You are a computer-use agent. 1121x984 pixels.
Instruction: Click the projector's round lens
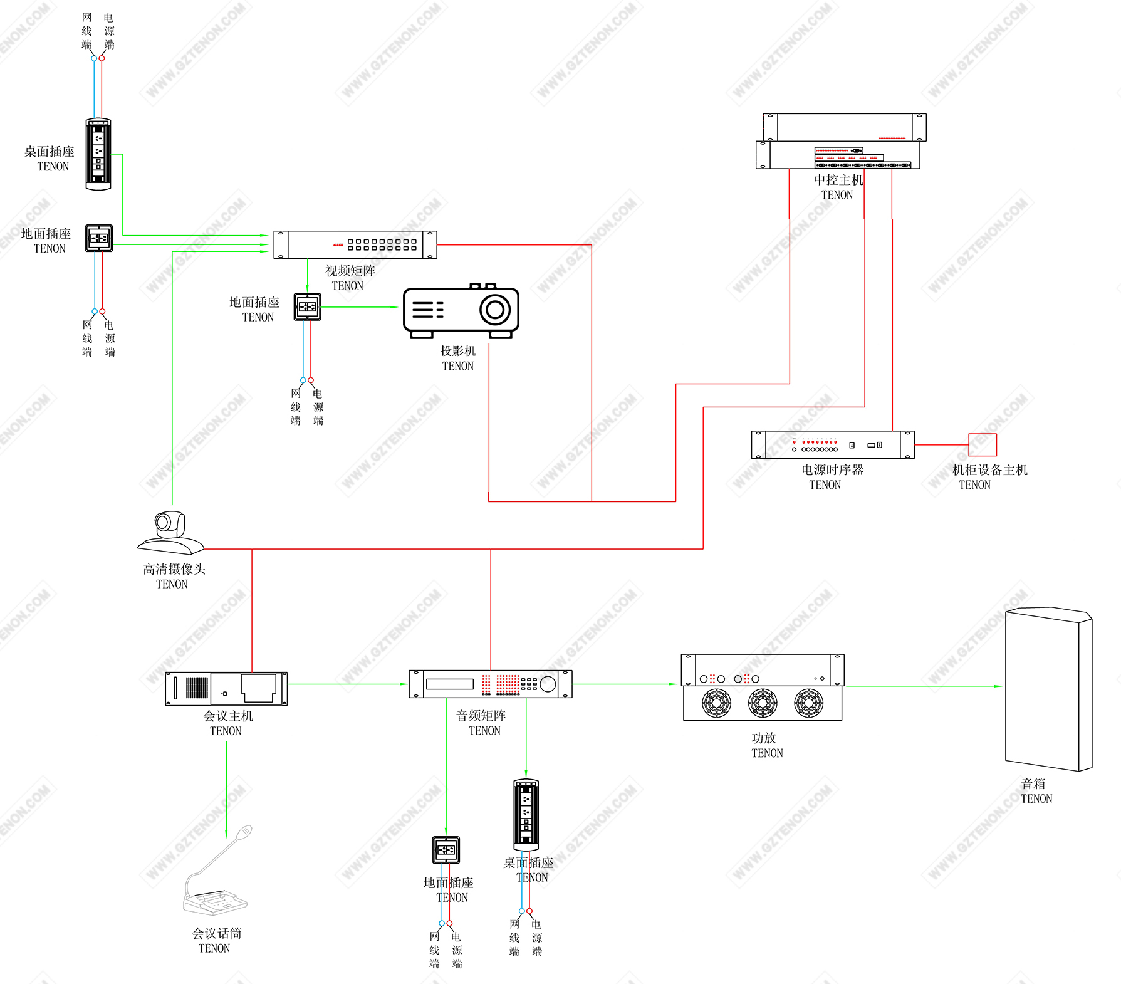click(495, 310)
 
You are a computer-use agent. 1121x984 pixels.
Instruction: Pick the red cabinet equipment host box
click(983, 444)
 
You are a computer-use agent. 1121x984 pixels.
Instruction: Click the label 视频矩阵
click(350, 271)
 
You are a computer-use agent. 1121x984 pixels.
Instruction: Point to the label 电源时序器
click(832, 469)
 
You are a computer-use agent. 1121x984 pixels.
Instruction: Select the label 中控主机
click(838, 180)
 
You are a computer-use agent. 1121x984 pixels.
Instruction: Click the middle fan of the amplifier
click(763, 703)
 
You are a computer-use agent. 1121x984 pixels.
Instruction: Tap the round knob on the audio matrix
click(548, 684)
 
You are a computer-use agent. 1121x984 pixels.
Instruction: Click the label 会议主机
click(228, 716)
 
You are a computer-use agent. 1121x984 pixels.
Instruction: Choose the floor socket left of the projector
click(308, 307)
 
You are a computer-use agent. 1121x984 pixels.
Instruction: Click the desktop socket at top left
click(98, 154)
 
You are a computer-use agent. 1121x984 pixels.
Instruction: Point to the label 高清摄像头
click(174, 569)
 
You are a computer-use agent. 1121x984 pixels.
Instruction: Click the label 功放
click(764, 738)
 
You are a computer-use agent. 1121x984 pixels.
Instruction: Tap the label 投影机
click(458, 351)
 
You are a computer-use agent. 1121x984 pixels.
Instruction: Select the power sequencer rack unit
click(833, 445)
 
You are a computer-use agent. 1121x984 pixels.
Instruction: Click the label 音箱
click(1033, 783)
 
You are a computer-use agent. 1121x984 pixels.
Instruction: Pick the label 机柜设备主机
click(990, 470)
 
